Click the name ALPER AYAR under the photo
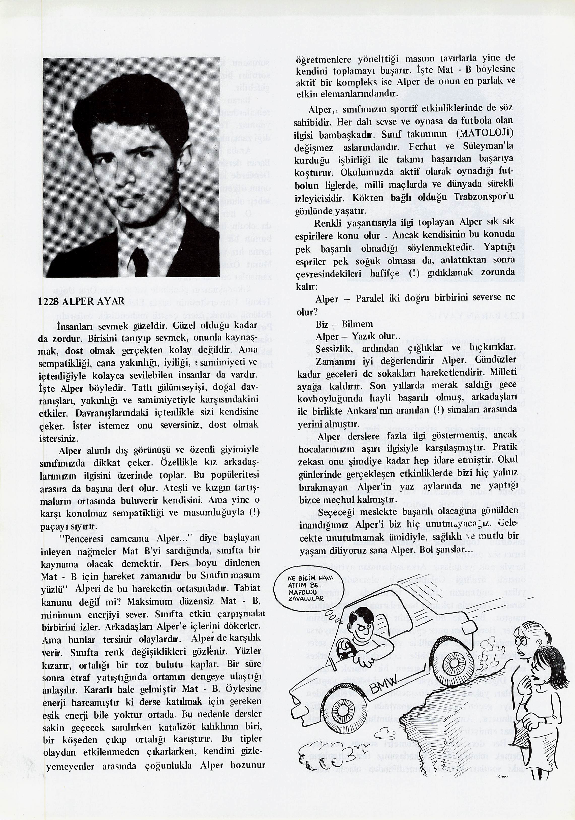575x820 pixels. (x=93, y=301)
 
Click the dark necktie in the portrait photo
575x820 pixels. (x=137, y=260)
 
